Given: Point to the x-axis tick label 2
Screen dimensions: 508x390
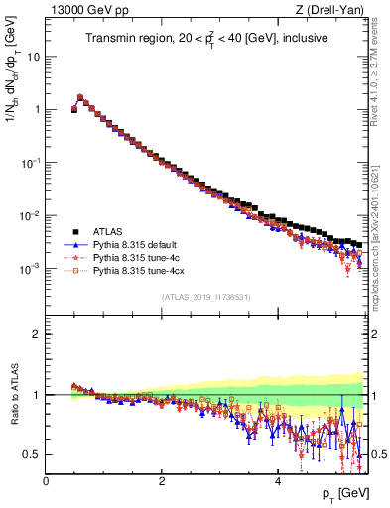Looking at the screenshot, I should [162, 481].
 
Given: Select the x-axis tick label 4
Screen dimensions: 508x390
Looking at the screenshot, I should [278, 481].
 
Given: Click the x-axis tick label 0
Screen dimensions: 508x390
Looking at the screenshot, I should [46, 481].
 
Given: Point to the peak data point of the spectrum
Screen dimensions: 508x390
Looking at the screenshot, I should [80, 97].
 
